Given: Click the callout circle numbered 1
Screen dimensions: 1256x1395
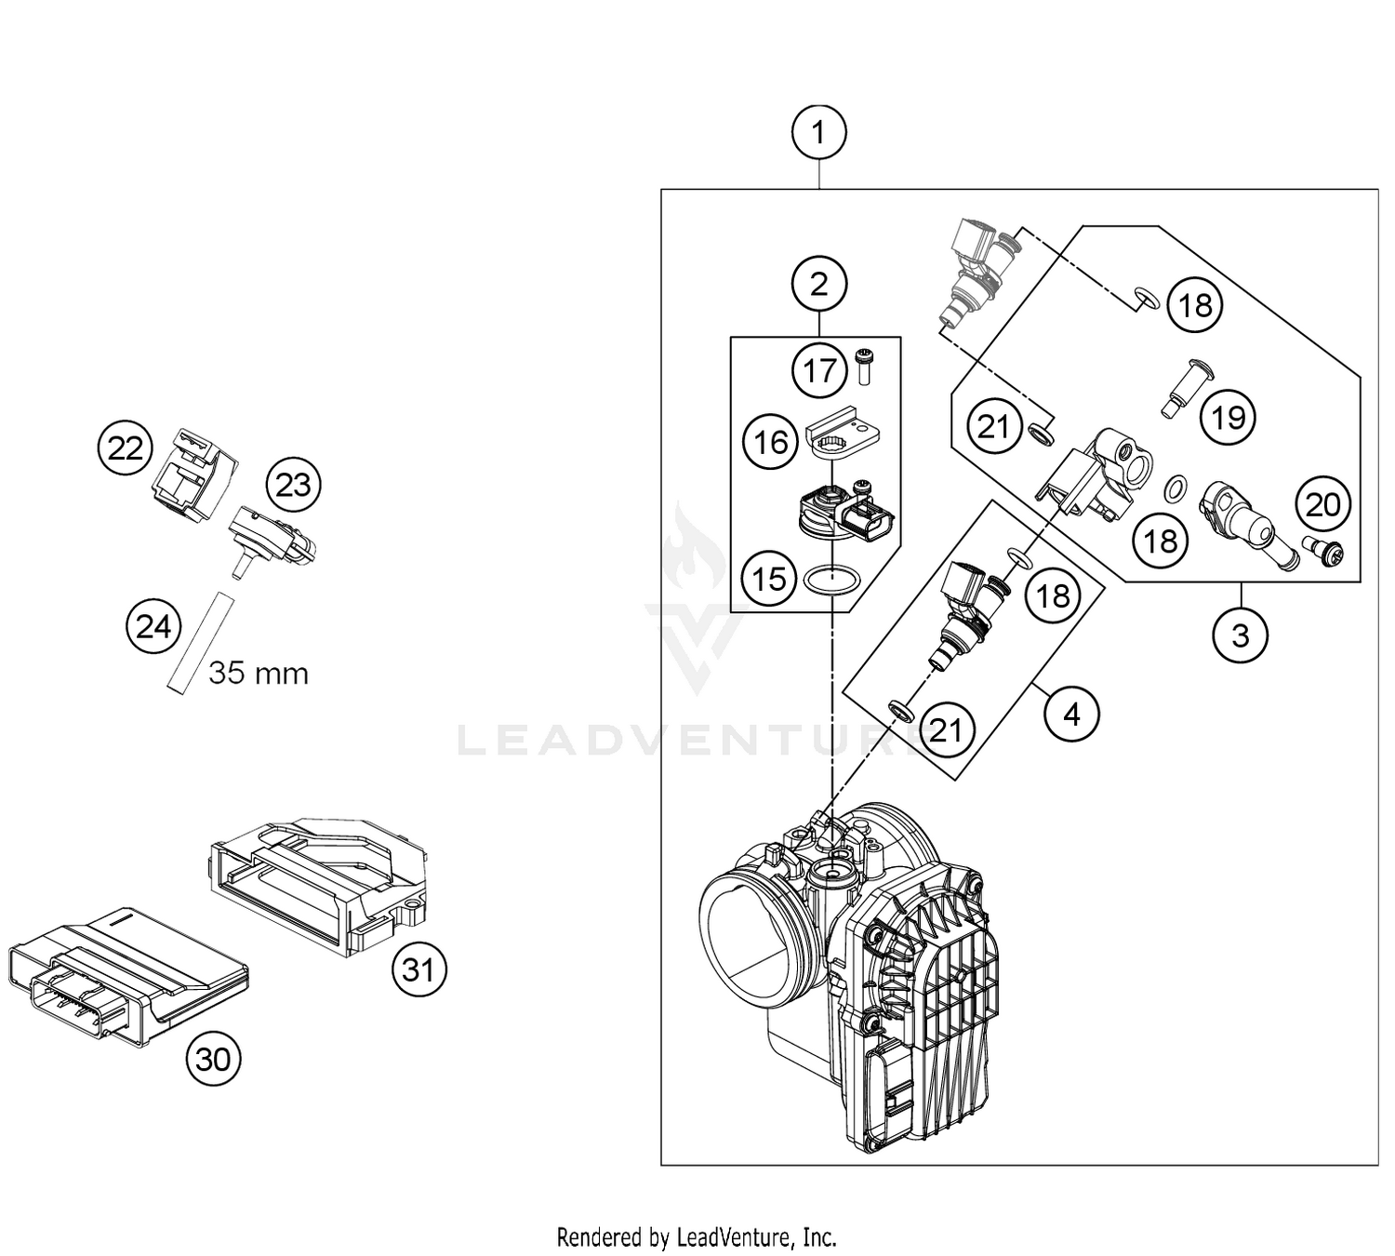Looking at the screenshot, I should [x=818, y=133].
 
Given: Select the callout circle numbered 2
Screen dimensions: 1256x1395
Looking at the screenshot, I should [x=818, y=284].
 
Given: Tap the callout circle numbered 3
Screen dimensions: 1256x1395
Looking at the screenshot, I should [x=1240, y=635].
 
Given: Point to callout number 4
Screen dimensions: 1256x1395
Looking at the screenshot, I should [x=1071, y=715].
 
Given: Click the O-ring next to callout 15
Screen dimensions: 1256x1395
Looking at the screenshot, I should [x=830, y=581].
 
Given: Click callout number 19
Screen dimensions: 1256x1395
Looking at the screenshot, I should [x=1228, y=418].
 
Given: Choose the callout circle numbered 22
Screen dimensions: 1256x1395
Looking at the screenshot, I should [x=126, y=448].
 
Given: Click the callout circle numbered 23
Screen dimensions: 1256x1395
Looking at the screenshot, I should [x=293, y=485].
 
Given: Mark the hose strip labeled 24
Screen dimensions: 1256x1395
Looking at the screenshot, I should [x=197, y=642].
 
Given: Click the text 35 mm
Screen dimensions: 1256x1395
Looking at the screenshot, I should [x=259, y=673].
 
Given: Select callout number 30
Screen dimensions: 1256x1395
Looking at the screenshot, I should [x=213, y=1059].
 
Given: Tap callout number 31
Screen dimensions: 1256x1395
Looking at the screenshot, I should [x=418, y=970].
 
